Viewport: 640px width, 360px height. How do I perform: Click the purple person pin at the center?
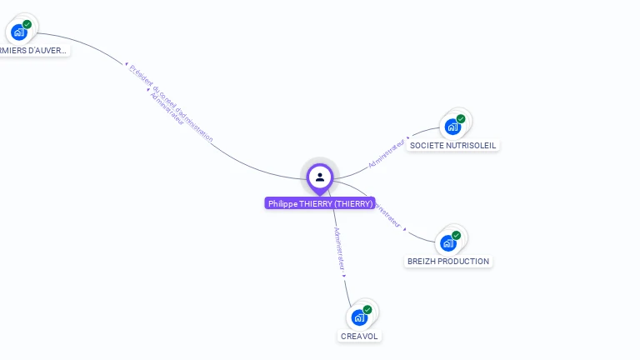point(320,177)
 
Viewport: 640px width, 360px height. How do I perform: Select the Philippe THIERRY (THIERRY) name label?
point(320,203)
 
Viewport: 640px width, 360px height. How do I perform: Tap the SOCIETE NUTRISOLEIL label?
point(452,145)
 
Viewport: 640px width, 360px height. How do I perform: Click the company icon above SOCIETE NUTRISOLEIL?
point(452,127)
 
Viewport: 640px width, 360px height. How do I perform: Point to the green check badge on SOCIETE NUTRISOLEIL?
point(461,118)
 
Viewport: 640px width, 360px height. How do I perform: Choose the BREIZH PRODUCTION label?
point(448,261)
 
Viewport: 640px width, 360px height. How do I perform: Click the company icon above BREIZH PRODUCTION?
point(448,242)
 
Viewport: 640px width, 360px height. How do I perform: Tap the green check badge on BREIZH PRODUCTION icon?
point(457,235)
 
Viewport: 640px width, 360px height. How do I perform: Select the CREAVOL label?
point(359,336)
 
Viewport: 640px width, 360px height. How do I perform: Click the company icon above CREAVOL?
point(359,317)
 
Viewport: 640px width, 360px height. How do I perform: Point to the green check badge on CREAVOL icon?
point(367,310)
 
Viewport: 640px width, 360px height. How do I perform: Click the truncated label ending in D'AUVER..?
point(33,50)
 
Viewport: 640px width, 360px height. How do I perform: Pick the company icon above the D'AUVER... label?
point(19,32)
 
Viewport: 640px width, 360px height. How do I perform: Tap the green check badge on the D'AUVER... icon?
point(27,24)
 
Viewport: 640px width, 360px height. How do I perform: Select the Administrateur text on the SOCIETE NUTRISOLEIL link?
point(387,153)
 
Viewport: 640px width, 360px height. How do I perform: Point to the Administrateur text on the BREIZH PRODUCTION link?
point(388,214)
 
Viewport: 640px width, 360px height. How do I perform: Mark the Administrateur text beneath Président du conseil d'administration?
point(166,110)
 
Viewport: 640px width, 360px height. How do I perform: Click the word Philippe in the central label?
point(283,203)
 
